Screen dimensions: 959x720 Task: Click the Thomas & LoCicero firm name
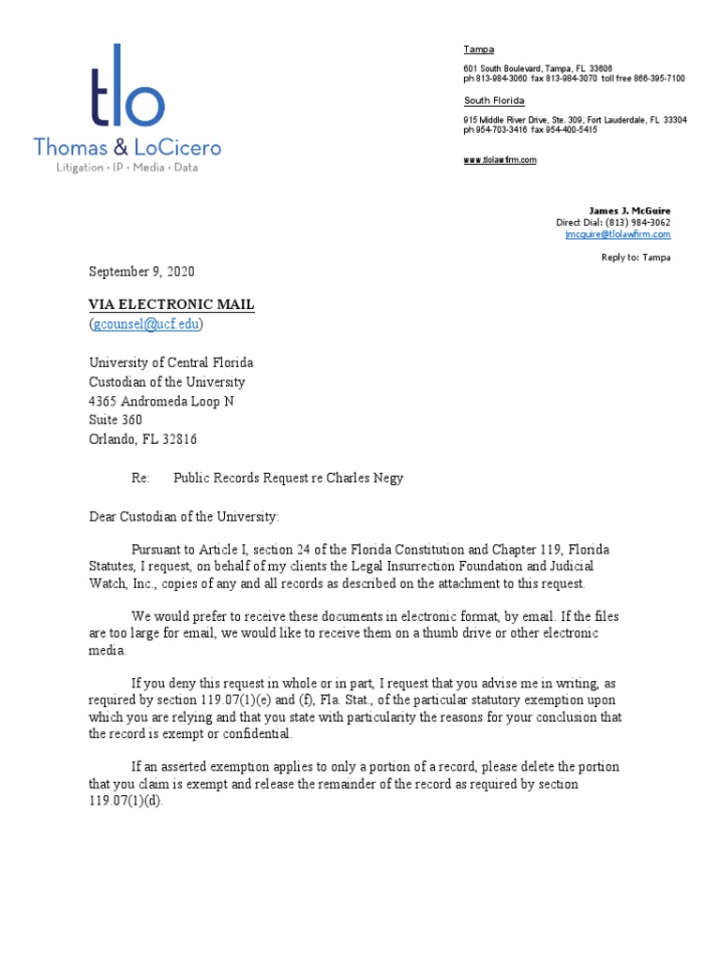127,147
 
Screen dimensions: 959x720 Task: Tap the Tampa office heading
478,50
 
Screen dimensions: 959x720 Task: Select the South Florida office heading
494,101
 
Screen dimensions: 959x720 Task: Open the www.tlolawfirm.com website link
500,160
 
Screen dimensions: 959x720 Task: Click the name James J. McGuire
629,211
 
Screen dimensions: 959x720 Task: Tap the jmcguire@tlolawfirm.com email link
617,234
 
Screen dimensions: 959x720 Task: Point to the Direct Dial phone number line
613,223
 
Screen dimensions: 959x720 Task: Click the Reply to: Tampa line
636,258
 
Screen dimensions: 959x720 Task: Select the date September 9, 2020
142,272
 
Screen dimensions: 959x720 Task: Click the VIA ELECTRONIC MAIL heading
172,304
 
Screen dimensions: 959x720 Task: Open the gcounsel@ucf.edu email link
146,324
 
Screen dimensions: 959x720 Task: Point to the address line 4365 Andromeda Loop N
161,401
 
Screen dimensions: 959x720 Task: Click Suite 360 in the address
115,420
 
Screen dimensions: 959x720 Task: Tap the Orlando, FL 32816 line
142,439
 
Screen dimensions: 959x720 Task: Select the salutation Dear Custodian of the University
184,516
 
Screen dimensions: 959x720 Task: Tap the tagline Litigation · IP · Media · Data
127,168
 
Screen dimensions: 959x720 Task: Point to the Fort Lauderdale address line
575,121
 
